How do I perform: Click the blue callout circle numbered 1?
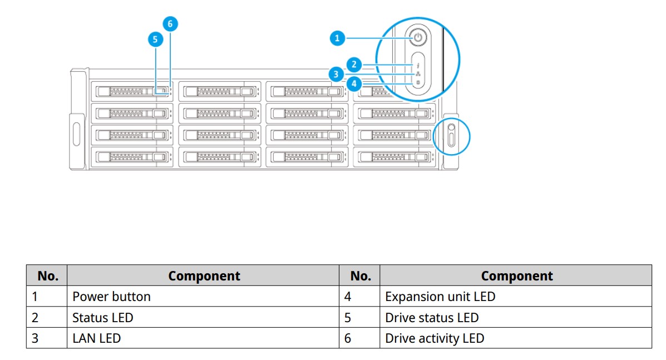coord(337,38)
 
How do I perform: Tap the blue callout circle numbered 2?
coord(353,63)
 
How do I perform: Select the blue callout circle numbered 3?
coord(334,73)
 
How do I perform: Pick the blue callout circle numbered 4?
coord(353,84)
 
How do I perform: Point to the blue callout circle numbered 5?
coord(155,39)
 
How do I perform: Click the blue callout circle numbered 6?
coord(170,24)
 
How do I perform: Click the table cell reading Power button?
coord(111,297)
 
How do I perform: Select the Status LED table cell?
coord(103,318)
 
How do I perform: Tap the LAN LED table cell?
coord(96,338)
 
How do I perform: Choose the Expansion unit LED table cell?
coord(440,297)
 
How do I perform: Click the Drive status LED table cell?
coord(431,318)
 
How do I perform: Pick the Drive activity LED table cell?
coord(434,338)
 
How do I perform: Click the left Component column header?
coord(204,276)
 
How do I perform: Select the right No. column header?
coord(360,276)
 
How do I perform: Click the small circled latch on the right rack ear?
coord(451,136)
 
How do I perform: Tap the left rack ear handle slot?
coord(76,131)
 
